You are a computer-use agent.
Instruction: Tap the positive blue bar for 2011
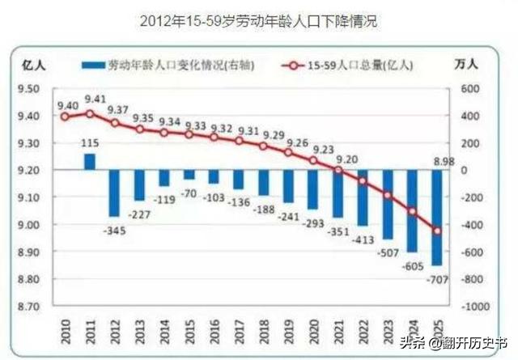pos(89,161)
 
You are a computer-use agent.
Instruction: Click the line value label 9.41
pos(96,100)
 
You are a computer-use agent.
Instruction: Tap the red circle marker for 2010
pos(65,116)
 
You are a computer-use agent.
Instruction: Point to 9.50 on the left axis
pos(30,88)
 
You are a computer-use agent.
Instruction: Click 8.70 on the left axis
pos(30,307)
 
